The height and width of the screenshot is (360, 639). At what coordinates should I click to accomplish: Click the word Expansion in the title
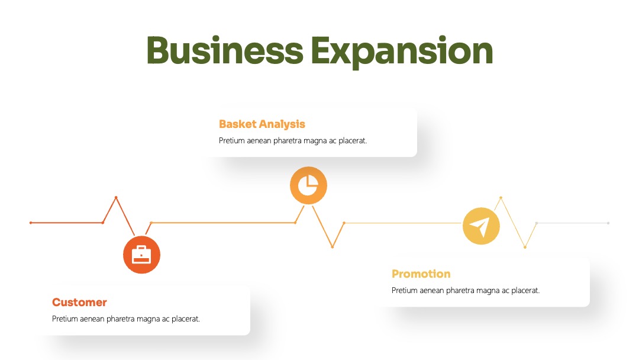pyautogui.click(x=402, y=52)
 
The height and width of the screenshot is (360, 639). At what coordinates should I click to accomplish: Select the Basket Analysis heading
pyautogui.click(x=262, y=124)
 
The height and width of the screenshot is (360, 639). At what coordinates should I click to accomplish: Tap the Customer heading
pyautogui.click(x=79, y=302)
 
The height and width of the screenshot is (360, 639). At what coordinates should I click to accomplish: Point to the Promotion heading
pyautogui.click(x=421, y=274)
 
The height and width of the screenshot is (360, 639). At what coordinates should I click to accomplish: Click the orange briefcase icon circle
pyautogui.click(x=141, y=255)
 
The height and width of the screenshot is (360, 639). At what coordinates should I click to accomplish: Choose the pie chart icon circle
pyautogui.click(x=308, y=185)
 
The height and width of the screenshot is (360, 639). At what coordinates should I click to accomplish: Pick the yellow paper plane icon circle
pyautogui.click(x=481, y=226)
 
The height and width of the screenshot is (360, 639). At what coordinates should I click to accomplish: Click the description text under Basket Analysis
pyautogui.click(x=293, y=141)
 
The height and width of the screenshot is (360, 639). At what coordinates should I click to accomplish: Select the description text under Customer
pyautogui.click(x=126, y=319)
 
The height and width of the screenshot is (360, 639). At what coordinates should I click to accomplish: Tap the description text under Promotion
pyautogui.click(x=466, y=290)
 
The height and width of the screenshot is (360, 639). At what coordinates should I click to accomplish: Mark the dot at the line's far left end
pyautogui.click(x=31, y=223)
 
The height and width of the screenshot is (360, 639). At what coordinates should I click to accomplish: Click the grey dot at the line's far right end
pyautogui.click(x=608, y=223)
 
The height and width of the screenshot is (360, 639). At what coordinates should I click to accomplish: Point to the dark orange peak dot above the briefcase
pyautogui.click(x=116, y=197)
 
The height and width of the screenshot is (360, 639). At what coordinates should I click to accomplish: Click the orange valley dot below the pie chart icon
pyautogui.click(x=333, y=247)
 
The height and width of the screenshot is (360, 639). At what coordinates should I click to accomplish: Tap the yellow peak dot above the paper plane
pyautogui.click(x=501, y=198)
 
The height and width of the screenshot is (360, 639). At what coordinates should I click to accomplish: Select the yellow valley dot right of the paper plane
pyautogui.click(x=525, y=247)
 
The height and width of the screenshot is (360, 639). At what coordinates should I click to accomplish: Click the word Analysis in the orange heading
pyautogui.click(x=282, y=124)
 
